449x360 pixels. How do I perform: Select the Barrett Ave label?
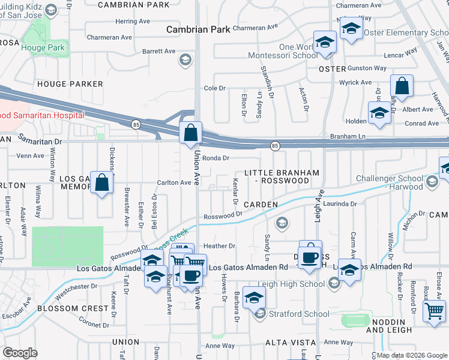pos(159,52)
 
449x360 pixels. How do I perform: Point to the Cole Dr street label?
pos(214,88)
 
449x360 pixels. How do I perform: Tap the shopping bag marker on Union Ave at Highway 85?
pos(190,132)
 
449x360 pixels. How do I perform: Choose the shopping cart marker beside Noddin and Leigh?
pos(433,311)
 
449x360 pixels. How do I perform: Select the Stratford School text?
pos(300,313)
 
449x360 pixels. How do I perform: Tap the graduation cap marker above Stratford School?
pos(255,297)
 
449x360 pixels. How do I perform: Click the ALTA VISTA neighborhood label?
pos(290,343)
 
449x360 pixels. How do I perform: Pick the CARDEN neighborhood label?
pos(261,205)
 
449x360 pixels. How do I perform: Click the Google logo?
pos(20,353)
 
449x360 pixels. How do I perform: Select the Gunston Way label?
pos(368,68)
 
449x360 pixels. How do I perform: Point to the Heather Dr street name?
pos(219,246)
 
